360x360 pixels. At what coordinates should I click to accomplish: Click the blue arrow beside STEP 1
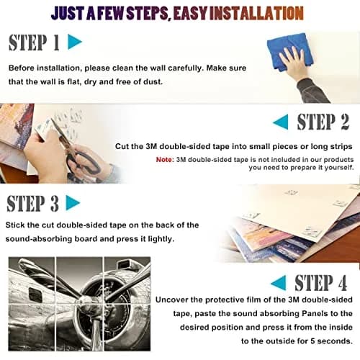tap(74, 42)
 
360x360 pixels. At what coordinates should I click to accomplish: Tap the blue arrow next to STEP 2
tap(282, 122)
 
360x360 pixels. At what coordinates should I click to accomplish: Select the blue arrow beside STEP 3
tap(72, 203)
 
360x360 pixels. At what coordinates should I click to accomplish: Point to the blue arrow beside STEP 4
tap(279, 282)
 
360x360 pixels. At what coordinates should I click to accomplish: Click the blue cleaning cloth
tap(288, 52)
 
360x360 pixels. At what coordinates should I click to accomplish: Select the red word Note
tap(164, 160)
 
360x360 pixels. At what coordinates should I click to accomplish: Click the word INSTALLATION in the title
tap(256, 13)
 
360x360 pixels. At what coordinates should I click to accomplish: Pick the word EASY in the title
tap(190, 13)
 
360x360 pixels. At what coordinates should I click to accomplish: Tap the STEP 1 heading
tap(34, 42)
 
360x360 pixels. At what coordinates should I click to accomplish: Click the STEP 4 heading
tap(321, 283)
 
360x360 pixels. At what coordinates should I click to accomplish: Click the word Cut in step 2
tap(121, 146)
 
